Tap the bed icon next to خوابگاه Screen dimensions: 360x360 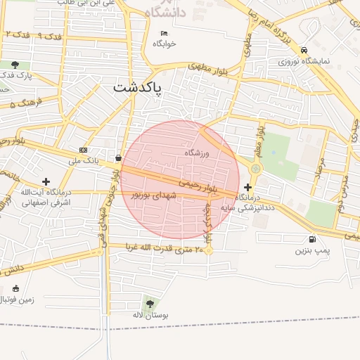(165, 33)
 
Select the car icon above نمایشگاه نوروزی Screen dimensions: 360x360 (304, 51)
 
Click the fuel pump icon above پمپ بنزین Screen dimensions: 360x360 (312, 239)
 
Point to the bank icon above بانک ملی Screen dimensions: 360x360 (84, 150)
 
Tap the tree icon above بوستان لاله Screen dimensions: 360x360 (151, 304)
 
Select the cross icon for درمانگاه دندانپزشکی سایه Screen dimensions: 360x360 (247, 188)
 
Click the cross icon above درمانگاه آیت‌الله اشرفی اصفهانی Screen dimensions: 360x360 (46, 181)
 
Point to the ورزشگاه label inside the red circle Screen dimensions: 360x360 (198, 153)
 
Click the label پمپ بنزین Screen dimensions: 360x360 (312, 250)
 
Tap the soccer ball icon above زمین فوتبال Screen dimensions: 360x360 (16, 288)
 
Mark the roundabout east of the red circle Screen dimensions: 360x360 (255, 169)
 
